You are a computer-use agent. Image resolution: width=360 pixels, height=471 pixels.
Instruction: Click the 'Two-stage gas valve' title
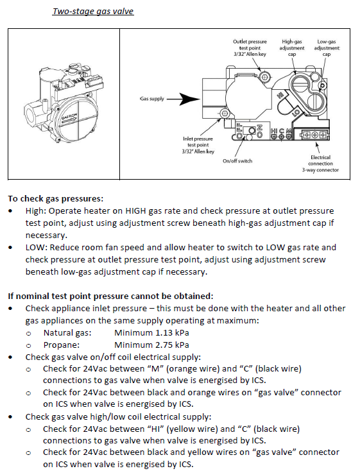[93, 12]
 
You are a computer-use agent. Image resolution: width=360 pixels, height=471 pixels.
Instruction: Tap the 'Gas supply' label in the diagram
[152, 99]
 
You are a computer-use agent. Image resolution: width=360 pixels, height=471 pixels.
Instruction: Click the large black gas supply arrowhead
[189, 99]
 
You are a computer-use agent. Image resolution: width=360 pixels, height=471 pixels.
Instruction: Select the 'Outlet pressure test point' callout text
[250, 47]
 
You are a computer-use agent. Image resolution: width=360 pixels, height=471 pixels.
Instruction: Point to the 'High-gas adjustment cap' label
[292, 47]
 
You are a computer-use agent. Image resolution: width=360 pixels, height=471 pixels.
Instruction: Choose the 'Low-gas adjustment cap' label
[327, 47]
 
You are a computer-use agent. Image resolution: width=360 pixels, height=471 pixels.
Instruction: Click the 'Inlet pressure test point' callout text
[198, 145]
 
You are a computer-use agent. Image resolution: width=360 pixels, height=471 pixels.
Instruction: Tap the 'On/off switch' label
[237, 161]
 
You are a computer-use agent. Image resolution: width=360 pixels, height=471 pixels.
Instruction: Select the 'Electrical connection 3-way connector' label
[320, 164]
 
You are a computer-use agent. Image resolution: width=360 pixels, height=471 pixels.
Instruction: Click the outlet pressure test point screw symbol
[265, 76]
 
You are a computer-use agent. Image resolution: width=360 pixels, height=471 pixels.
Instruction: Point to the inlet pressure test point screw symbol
[224, 113]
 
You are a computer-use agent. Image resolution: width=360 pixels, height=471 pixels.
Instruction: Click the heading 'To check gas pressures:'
[56, 199]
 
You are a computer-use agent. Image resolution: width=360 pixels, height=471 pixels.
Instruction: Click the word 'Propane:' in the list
[62, 345]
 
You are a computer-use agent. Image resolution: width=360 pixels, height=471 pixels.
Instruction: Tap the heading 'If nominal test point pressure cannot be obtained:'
[110, 296]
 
